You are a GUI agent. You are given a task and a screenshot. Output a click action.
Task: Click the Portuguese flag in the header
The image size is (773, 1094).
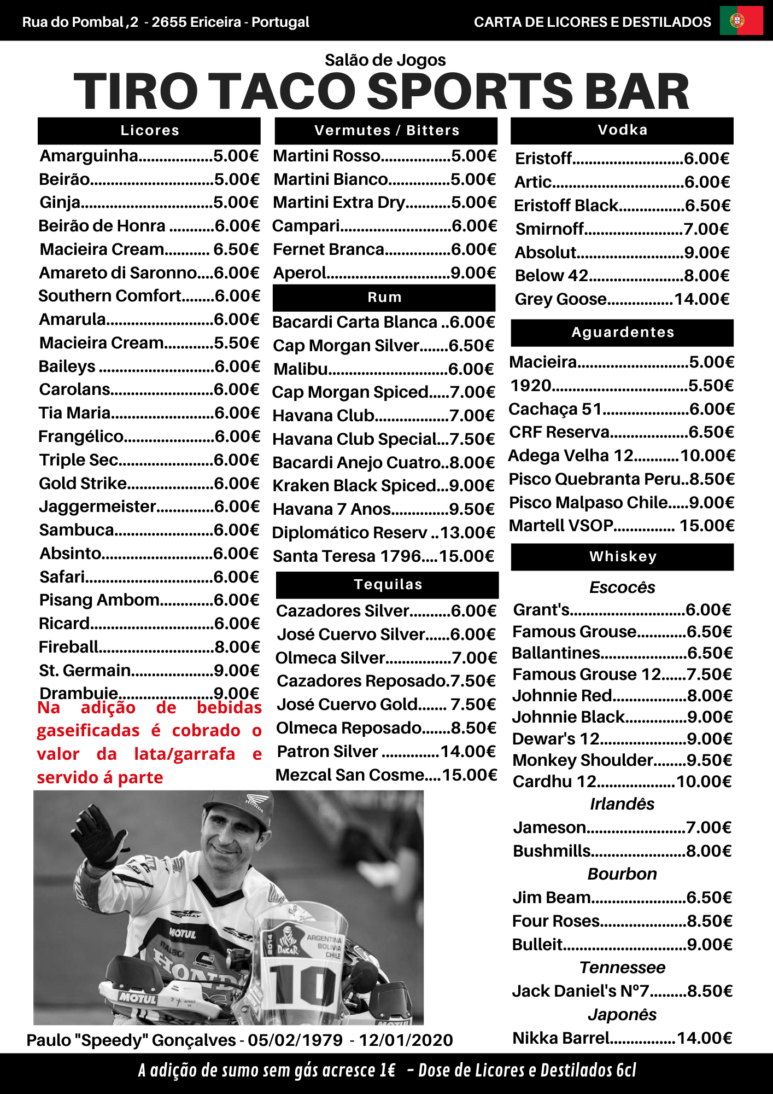tap(741, 21)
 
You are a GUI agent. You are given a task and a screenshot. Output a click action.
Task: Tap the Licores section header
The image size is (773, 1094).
tap(149, 130)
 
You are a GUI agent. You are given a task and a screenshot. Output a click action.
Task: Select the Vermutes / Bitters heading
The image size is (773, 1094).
tap(386, 130)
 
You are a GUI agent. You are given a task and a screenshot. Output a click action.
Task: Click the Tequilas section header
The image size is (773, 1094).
tap(388, 584)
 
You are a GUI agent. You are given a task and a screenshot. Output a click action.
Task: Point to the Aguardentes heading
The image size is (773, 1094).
tap(622, 332)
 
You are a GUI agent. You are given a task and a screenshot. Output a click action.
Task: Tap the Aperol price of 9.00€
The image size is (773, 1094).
tap(473, 272)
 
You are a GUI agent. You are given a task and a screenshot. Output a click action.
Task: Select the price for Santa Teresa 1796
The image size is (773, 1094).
tap(466, 556)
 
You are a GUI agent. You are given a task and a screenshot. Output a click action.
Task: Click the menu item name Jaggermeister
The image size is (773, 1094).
tap(98, 507)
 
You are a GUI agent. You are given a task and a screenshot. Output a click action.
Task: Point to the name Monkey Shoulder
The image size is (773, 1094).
tap(583, 760)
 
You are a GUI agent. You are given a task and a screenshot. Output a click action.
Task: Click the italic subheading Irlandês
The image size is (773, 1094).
tap(622, 804)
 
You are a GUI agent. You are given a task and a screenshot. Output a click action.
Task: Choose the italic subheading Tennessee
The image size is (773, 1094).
tap(622, 967)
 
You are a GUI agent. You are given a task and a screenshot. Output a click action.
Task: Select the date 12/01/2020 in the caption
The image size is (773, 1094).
tap(406, 1040)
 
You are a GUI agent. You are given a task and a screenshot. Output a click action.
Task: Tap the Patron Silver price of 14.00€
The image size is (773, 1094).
tap(469, 752)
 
